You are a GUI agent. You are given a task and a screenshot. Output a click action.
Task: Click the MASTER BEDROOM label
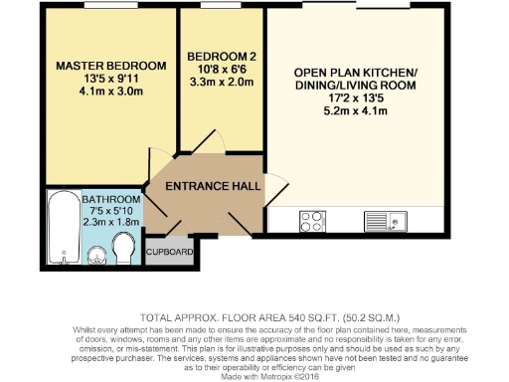coord(111,66)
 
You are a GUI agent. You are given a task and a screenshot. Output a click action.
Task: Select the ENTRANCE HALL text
coord(213,186)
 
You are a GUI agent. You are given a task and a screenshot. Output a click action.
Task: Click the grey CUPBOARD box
coord(169,253)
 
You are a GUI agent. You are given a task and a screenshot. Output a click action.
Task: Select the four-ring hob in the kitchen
coord(313,220)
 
